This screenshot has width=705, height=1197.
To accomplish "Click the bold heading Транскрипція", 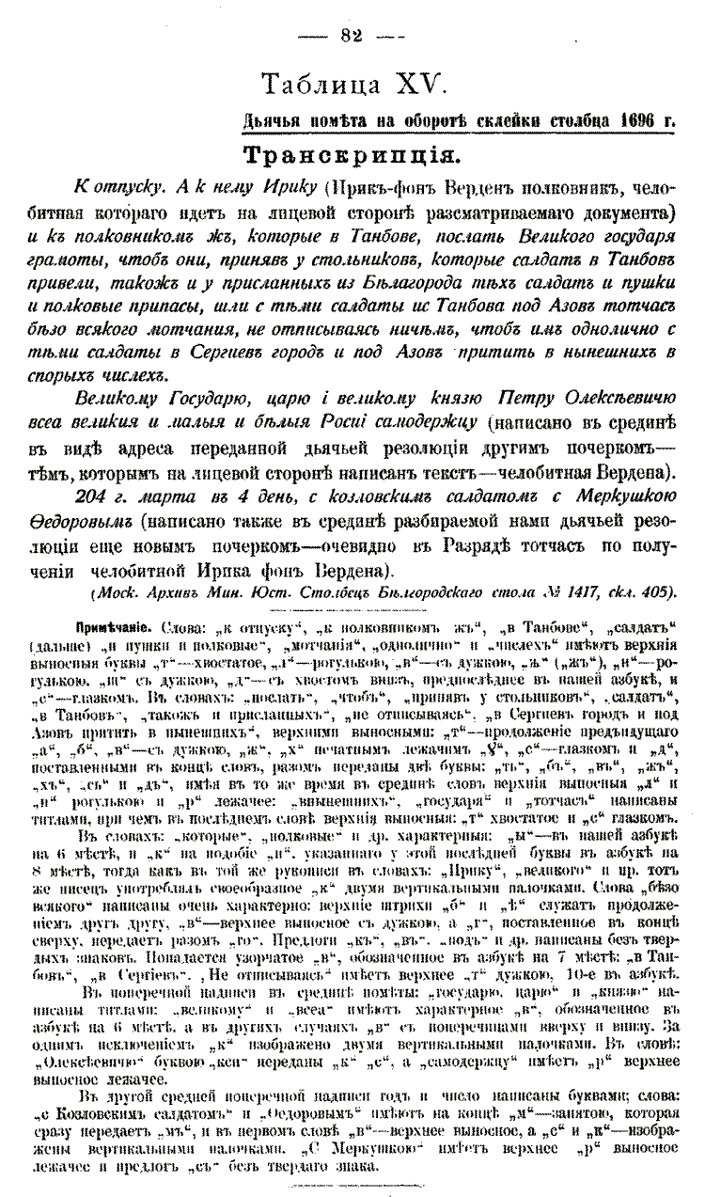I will tap(352, 155).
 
